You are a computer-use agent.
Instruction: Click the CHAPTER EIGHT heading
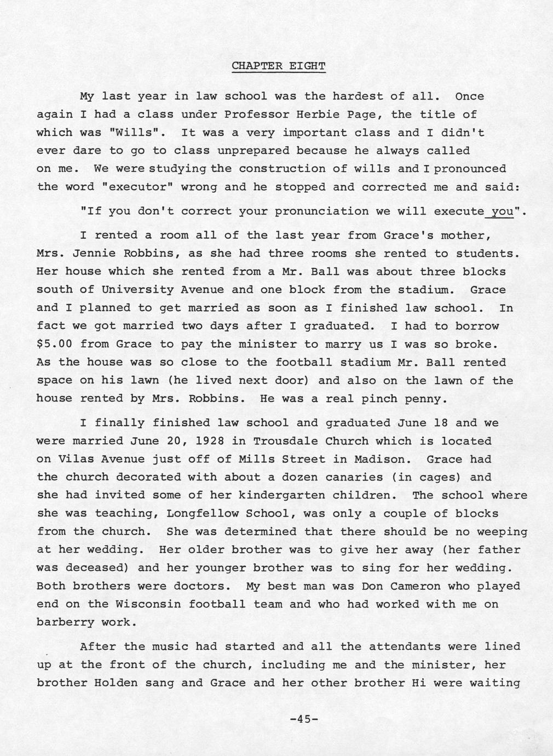(x=279, y=66)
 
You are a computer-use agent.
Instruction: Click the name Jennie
(x=94, y=254)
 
